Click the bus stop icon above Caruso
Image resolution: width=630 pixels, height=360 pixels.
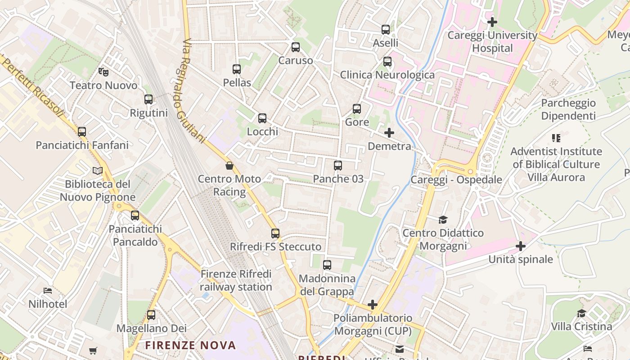tap(296, 47)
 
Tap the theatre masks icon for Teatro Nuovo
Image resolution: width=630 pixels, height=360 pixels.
tap(103, 72)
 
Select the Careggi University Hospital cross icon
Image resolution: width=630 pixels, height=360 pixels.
tap(492, 22)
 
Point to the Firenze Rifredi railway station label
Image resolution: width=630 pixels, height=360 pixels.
tap(236, 280)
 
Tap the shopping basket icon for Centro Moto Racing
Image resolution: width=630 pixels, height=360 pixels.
tap(229, 166)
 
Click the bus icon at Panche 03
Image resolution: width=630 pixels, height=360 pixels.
tap(338, 166)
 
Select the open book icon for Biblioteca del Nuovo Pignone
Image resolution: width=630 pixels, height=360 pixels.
tap(98, 171)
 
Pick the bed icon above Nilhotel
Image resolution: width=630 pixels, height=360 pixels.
tap(48, 291)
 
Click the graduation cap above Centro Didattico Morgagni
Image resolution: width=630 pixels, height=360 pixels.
tap(443, 220)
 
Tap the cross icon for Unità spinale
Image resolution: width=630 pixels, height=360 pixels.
tap(521, 246)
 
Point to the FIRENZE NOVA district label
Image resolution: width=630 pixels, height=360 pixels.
tap(190, 346)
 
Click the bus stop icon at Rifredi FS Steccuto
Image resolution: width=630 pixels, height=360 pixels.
tap(275, 234)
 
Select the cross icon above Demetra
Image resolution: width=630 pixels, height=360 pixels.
tap(389, 133)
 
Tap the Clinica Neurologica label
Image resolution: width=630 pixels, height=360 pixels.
tap(387, 75)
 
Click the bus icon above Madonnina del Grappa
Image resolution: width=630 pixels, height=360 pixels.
tap(327, 265)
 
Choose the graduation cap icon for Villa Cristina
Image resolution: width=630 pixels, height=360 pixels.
tap(582, 313)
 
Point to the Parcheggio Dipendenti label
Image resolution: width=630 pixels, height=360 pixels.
tap(568, 109)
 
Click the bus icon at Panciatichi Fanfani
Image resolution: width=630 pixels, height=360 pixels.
tap(82, 132)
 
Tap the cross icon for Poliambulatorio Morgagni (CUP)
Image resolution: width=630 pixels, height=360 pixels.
tap(373, 305)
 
